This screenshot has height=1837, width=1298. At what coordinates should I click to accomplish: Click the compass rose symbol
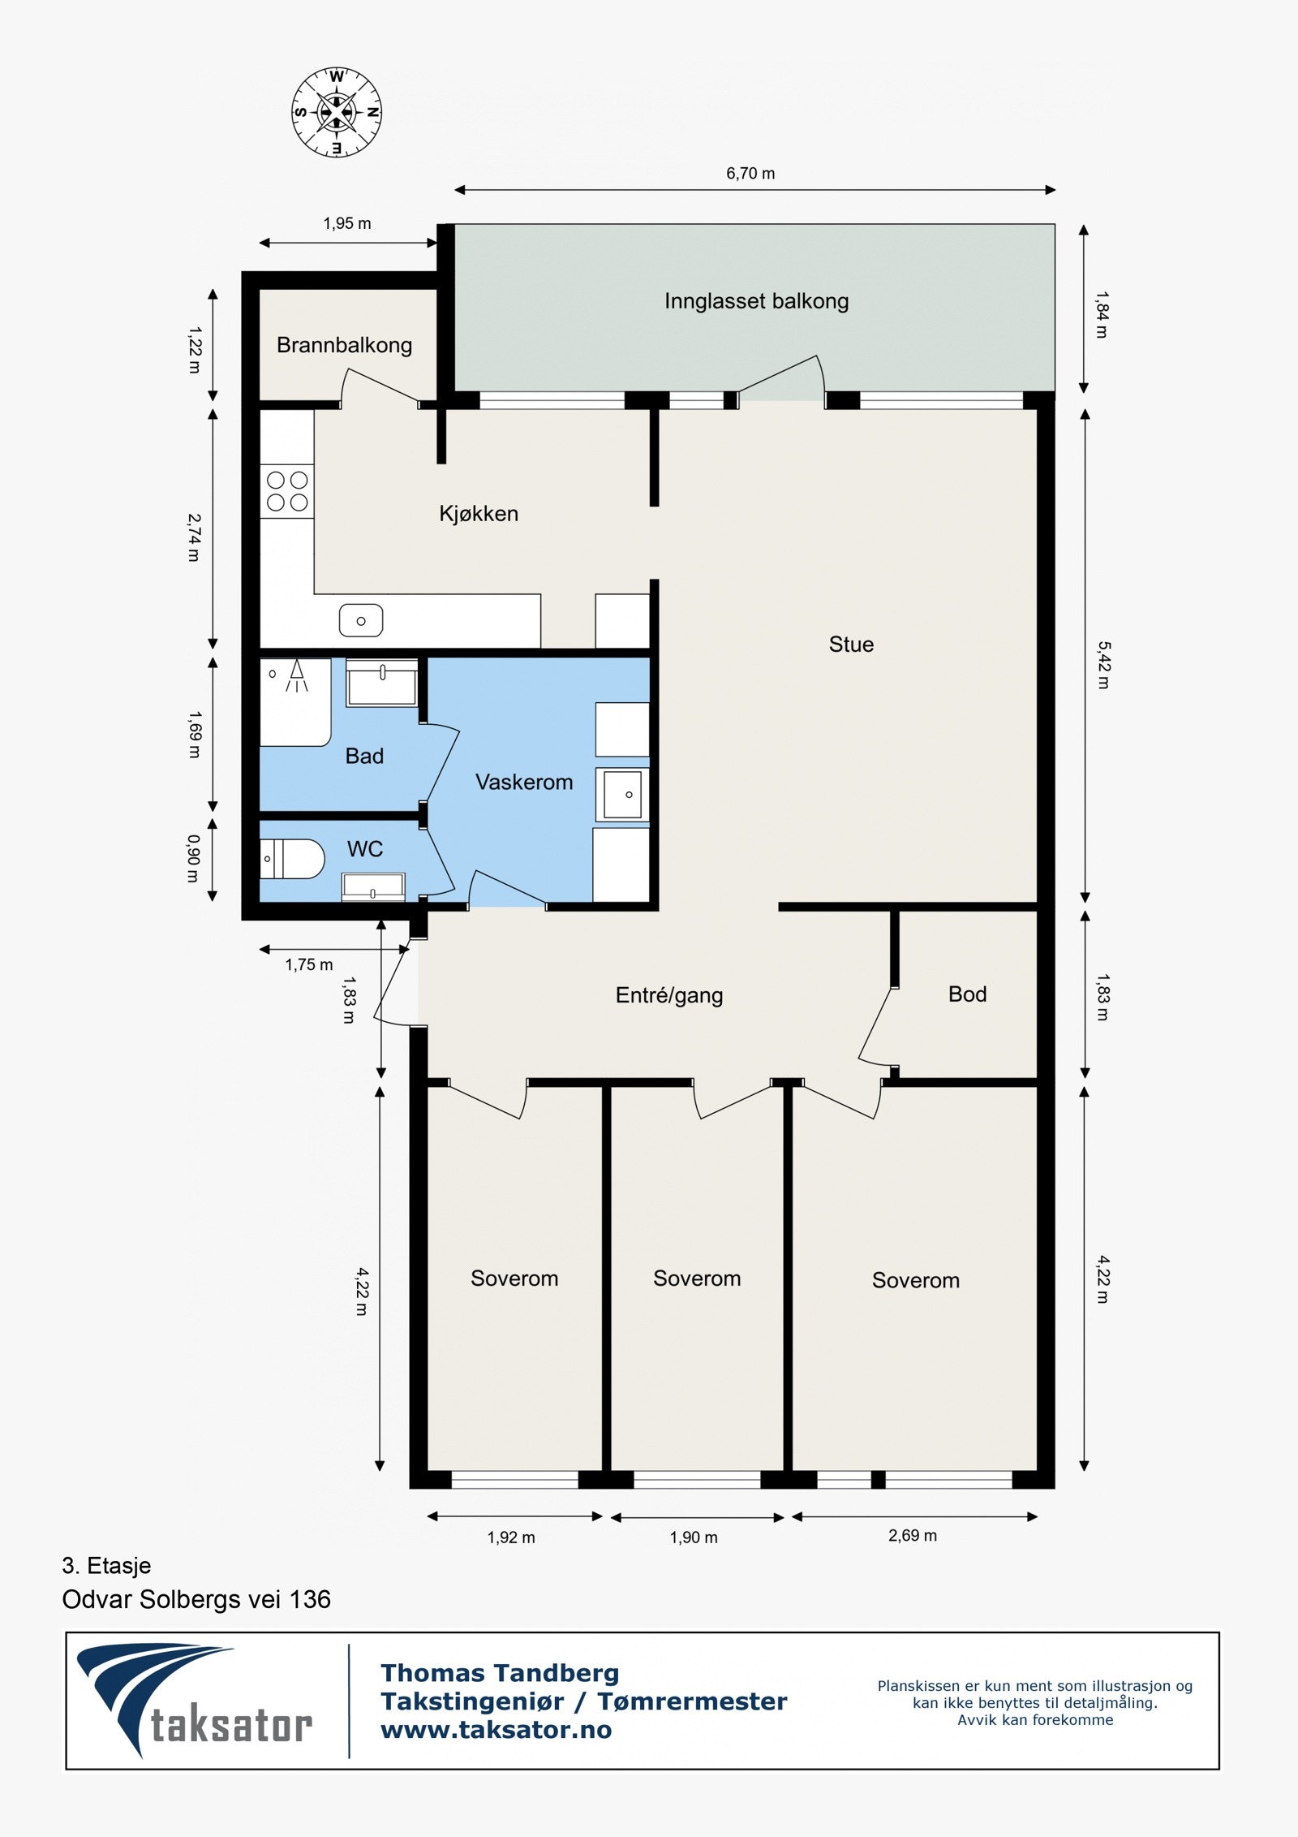[x=337, y=112]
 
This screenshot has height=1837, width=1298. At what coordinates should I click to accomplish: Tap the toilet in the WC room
[x=292, y=859]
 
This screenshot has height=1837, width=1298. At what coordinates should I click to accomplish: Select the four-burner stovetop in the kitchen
[x=287, y=491]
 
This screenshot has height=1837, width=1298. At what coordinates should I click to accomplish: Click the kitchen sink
[x=361, y=621]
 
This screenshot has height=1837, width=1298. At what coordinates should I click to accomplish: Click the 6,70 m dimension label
[x=750, y=174]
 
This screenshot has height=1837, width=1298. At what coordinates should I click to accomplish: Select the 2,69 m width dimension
[x=913, y=1536]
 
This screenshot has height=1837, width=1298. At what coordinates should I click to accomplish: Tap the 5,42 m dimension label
[x=1103, y=666]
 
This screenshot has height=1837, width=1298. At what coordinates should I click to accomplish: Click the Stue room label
[x=851, y=645]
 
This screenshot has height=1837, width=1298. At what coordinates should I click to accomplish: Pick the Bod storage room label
[x=967, y=994]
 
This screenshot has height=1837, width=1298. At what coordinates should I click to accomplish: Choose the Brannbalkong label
[x=344, y=346]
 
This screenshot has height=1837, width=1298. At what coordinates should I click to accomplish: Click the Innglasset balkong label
[x=756, y=302]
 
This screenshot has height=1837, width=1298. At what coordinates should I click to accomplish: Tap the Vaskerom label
[x=524, y=783]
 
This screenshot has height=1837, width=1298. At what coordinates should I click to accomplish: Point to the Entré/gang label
[x=669, y=996]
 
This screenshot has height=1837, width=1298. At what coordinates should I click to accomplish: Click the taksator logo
[x=195, y=1701]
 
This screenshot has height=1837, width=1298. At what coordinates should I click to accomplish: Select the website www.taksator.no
[x=496, y=1730]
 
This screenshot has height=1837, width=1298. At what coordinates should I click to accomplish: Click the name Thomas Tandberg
[x=500, y=1673]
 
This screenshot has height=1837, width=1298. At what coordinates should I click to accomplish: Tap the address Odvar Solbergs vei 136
[x=196, y=1599]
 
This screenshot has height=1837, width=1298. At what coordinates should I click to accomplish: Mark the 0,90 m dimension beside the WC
[x=193, y=859]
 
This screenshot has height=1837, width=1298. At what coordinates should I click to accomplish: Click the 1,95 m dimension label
[x=347, y=223]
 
